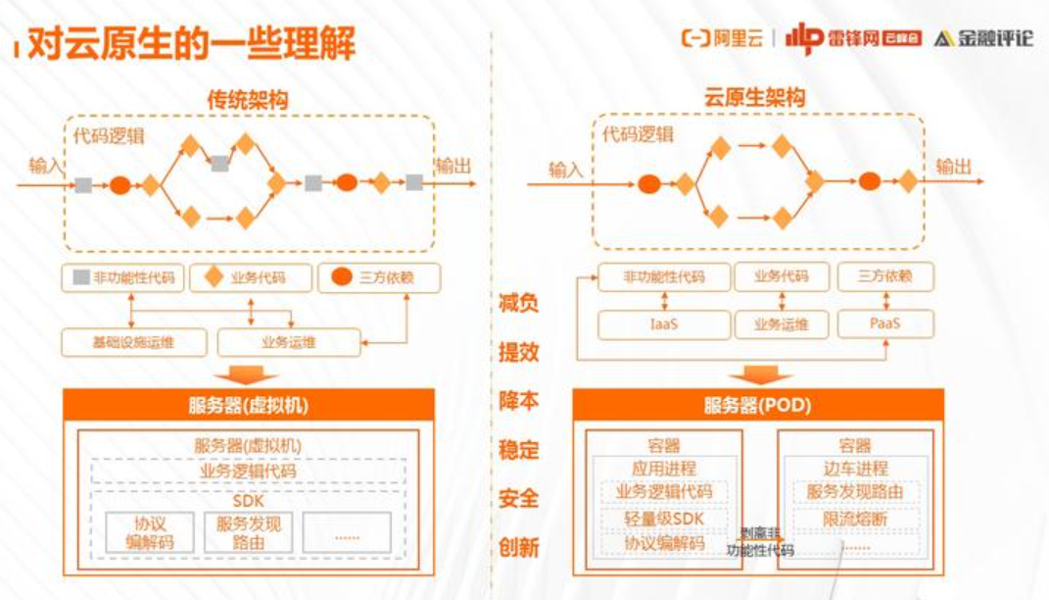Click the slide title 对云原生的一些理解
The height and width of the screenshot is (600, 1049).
[x=190, y=45]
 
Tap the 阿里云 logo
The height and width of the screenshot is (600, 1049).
[x=723, y=38]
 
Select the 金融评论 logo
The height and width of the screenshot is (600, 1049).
[x=983, y=39]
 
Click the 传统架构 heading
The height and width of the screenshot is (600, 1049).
[x=247, y=99]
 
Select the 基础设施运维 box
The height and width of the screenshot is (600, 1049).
[x=135, y=342]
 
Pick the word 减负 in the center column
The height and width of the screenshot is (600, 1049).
[x=518, y=303]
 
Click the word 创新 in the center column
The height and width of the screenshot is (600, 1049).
[x=518, y=546]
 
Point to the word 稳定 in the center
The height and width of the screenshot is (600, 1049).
[x=518, y=450]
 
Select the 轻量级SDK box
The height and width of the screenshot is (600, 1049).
[x=663, y=519]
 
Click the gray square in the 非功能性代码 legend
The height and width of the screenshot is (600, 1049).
[x=80, y=277]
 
